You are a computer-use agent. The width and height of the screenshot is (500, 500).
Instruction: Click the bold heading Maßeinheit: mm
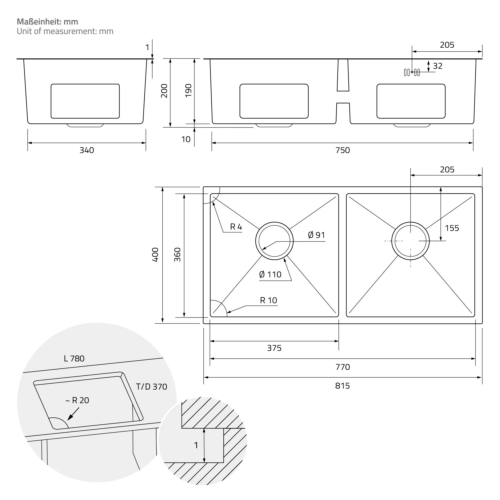(x=47, y=22)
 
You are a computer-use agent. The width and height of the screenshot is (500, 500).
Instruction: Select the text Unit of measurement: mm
(x=65, y=31)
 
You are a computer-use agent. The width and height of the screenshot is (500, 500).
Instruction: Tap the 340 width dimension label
(x=87, y=150)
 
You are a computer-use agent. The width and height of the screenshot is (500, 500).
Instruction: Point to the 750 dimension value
(x=343, y=150)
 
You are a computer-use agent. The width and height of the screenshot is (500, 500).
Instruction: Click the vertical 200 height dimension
(x=164, y=91)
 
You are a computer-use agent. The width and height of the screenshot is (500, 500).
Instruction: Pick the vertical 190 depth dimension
(x=188, y=91)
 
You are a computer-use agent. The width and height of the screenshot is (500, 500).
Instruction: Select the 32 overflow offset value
(x=438, y=66)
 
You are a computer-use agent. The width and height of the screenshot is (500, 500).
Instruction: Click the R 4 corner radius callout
(x=236, y=227)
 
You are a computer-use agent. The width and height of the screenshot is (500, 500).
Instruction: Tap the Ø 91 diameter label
(x=316, y=235)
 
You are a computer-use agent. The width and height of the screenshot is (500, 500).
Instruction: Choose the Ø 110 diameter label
(x=270, y=275)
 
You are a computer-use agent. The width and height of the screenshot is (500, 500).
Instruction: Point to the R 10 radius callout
(x=268, y=300)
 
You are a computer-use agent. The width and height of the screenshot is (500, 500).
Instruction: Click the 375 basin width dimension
(x=274, y=348)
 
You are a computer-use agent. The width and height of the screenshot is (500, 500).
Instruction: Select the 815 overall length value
(x=343, y=386)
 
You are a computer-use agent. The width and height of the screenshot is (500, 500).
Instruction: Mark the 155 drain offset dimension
(x=452, y=228)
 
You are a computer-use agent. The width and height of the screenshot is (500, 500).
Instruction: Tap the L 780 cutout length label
(x=74, y=359)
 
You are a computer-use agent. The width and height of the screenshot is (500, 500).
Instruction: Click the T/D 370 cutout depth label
(x=151, y=387)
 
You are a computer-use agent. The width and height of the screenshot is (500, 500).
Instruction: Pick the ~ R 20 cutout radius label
(x=77, y=400)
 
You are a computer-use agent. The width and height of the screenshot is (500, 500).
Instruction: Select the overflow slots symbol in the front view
(x=412, y=72)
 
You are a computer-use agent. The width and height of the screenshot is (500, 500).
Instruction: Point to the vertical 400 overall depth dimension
(x=155, y=255)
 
